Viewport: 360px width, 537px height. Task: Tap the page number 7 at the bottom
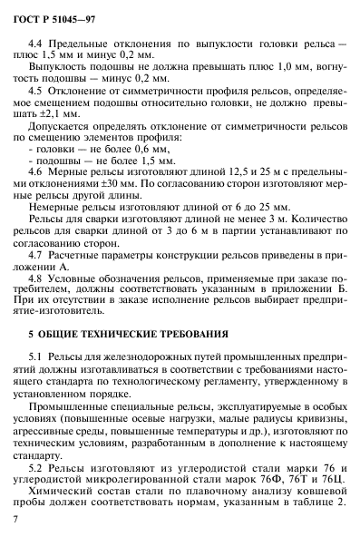click(x=17, y=518)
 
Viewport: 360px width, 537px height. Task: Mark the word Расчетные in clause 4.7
click(x=80, y=252)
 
